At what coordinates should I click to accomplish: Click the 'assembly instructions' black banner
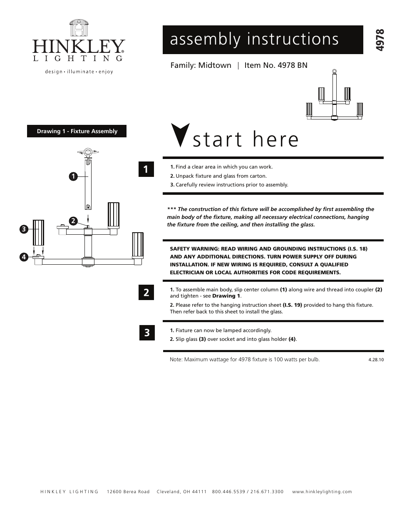[263, 40]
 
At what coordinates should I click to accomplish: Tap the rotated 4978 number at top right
[380, 40]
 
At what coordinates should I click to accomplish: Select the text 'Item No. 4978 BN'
[276, 65]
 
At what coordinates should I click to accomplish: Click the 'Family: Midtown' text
[201, 65]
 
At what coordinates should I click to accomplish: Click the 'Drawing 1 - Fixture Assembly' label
[77, 131]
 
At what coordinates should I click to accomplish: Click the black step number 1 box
[146, 169]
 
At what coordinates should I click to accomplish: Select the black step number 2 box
[146, 292]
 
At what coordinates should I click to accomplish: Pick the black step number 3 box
[146, 333]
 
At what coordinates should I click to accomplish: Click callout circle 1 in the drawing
[73, 176]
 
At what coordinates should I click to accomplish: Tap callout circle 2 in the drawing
[73, 221]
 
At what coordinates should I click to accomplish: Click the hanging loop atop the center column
[88, 152]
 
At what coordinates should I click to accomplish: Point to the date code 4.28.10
[376, 360]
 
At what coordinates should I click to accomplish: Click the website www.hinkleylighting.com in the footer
[322, 492]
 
